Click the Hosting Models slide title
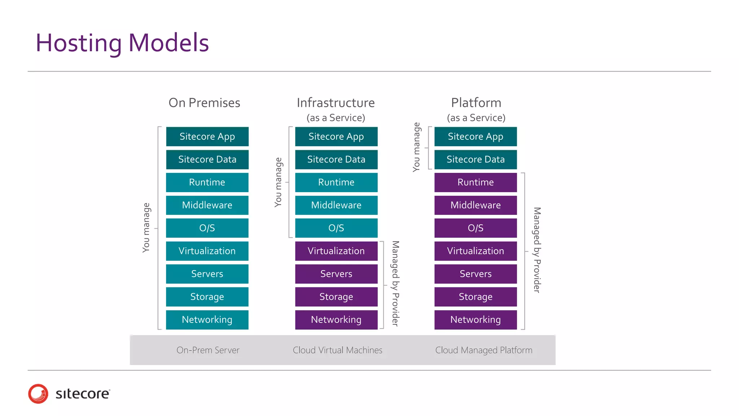click(x=122, y=43)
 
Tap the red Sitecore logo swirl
click(x=38, y=394)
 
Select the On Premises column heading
click(x=204, y=103)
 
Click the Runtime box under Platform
click(x=475, y=182)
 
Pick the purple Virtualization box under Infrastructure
click(x=336, y=251)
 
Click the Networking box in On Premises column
click(x=207, y=320)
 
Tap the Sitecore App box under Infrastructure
click(x=336, y=136)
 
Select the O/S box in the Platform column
click(x=475, y=228)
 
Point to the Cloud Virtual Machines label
click(x=337, y=350)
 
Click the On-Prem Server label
click(x=208, y=350)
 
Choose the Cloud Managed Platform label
click(x=484, y=350)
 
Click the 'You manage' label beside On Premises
click(x=146, y=227)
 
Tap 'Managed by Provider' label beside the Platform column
click(x=537, y=250)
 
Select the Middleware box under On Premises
click(x=207, y=205)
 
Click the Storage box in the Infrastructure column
click(x=336, y=297)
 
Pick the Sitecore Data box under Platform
click(x=475, y=159)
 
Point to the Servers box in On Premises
click(x=207, y=274)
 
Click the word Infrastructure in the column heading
click(x=336, y=103)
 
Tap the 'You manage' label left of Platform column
click(x=416, y=147)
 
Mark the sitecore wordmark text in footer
click(x=83, y=394)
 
